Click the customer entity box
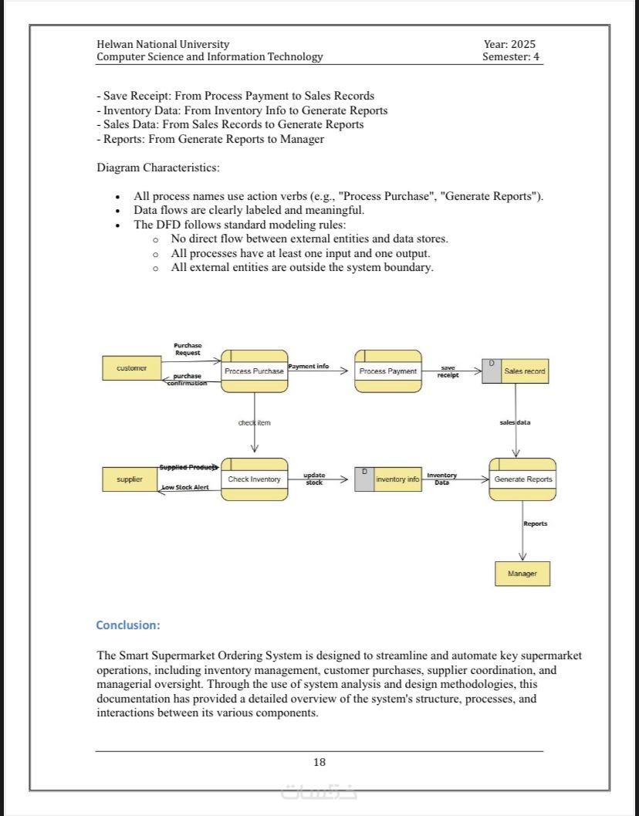131,368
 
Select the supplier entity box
130,479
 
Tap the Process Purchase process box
254,371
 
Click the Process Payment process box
387,371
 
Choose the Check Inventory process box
254,479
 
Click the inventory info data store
387,479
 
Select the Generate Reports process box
522,479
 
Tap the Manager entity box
522,574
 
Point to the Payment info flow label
309,366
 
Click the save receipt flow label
448,371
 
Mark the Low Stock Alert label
185,488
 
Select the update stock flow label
313,479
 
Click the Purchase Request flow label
188,349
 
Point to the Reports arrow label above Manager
535,523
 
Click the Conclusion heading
128,625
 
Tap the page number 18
319,762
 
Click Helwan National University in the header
163,44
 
